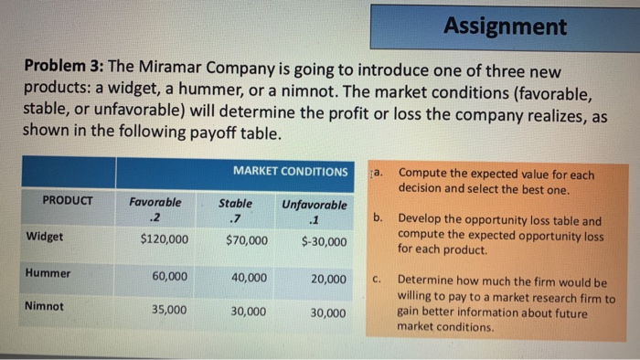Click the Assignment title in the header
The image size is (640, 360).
coord(505,26)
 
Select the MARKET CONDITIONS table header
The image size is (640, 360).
coord(290,172)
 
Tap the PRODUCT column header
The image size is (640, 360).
coord(69,200)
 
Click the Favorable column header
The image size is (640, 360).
coord(155,203)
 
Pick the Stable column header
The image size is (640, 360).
coord(236,203)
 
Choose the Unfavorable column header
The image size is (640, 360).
coord(314,205)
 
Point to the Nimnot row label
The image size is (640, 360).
coord(46,307)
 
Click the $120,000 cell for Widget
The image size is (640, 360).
coord(165,240)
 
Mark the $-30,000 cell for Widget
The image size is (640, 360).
coord(324,242)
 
